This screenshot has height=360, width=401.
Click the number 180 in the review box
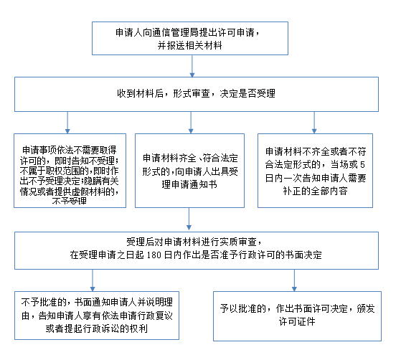pyautogui.click(x=154, y=255)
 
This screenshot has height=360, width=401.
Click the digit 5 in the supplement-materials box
pyautogui.click(x=362, y=164)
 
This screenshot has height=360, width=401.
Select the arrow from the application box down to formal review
pyautogui.click(x=192, y=66)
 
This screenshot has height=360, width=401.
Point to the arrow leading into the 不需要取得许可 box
pyautogui.click(x=67, y=123)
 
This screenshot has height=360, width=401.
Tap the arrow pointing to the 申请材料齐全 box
pyautogui.click(x=191, y=123)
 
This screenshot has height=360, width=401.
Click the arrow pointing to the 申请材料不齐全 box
pyautogui.click(x=314, y=123)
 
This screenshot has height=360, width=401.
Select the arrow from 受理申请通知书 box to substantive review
pyautogui.click(x=189, y=219)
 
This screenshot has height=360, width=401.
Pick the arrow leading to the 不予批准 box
pyautogui.click(x=93, y=280)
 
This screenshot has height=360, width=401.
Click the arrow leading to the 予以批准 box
pyautogui.click(x=294, y=280)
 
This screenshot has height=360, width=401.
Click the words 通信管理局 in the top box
pyautogui.click(x=175, y=33)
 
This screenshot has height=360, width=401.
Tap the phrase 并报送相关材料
pyautogui.click(x=190, y=45)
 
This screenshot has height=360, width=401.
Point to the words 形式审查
pyautogui.click(x=192, y=93)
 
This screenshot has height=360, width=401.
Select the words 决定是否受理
pyautogui.click(x=247, y=93)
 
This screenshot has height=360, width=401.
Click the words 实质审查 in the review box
pyautogui.click(x=238, y=242)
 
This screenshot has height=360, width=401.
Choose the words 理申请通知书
pyautogui.click(x=189, y=184)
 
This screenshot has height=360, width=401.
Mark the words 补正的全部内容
pyautogui.click(x=315, y=191)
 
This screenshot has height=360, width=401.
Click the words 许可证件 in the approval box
pyautogui.click(x=297, y=322)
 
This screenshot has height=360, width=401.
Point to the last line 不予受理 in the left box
pyautogui.click(x=70, y=202)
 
